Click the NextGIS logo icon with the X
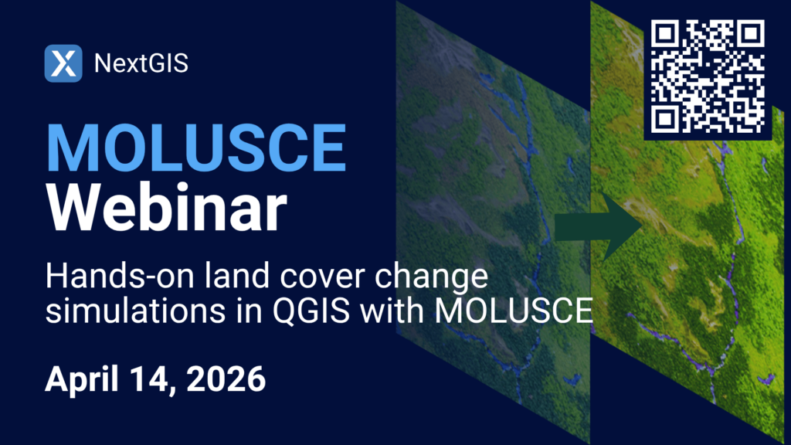[63, 63]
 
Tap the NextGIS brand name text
[141, 63]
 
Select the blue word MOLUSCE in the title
[195, 148]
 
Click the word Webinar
[167, 208]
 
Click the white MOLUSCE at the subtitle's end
[514, 310]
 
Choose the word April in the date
[82, 379]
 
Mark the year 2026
[226, 379]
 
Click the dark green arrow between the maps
[599, 226]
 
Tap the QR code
[708, 76]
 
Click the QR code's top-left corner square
[665, 34]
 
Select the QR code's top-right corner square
[750, 34]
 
